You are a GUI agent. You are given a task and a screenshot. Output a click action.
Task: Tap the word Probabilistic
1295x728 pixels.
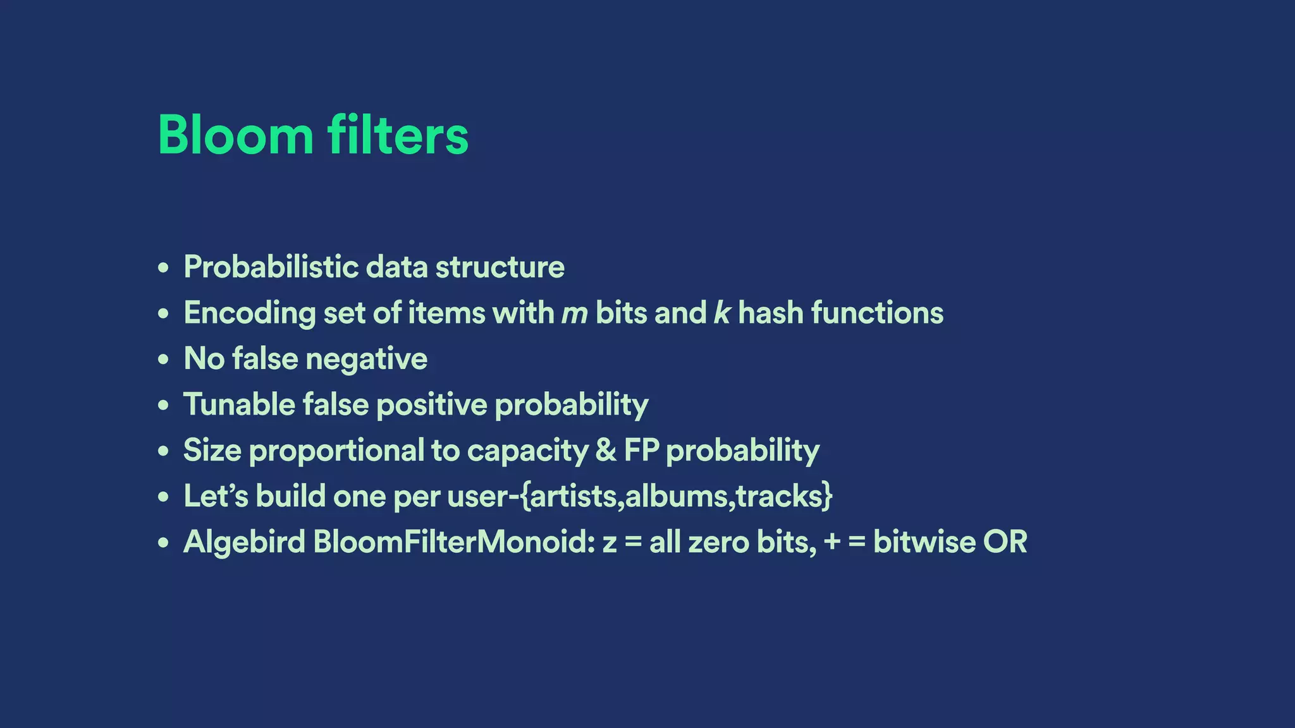(271, 267)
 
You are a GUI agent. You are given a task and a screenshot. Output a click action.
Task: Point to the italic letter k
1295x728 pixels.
(721, 313)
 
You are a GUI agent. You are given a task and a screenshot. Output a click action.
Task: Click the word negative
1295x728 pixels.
(366, 360)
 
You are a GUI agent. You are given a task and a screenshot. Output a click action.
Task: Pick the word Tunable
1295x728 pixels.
(239, 404)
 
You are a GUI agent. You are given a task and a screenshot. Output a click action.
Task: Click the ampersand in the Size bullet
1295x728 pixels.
(606, 451)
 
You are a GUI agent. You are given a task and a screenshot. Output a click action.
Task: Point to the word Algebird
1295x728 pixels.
(244, 542)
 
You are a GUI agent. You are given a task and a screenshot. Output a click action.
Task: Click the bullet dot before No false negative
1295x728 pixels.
(164, 360)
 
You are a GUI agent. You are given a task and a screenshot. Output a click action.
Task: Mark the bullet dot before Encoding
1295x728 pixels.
(164, 313)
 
